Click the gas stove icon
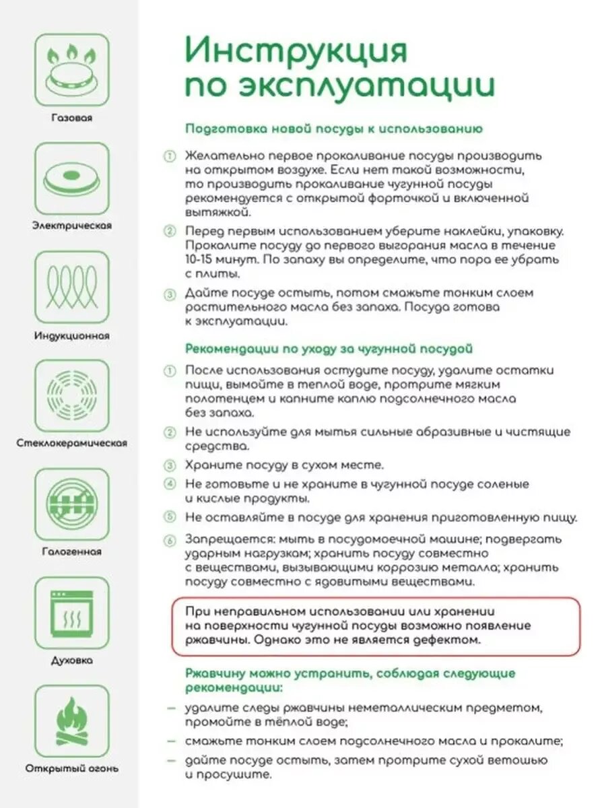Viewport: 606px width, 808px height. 71,70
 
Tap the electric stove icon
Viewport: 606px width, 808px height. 71,178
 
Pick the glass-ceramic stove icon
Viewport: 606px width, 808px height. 71,396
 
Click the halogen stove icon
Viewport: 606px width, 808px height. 71,504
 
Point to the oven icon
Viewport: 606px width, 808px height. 71,613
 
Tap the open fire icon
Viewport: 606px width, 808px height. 71,722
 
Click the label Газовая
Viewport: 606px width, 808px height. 71,118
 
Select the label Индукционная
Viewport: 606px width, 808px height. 71,335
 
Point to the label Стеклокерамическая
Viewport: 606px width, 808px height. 71,444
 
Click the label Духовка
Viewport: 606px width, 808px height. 71,661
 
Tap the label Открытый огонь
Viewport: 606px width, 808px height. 71,768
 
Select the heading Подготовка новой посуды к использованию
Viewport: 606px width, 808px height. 333,128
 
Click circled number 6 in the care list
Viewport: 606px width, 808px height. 170,539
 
